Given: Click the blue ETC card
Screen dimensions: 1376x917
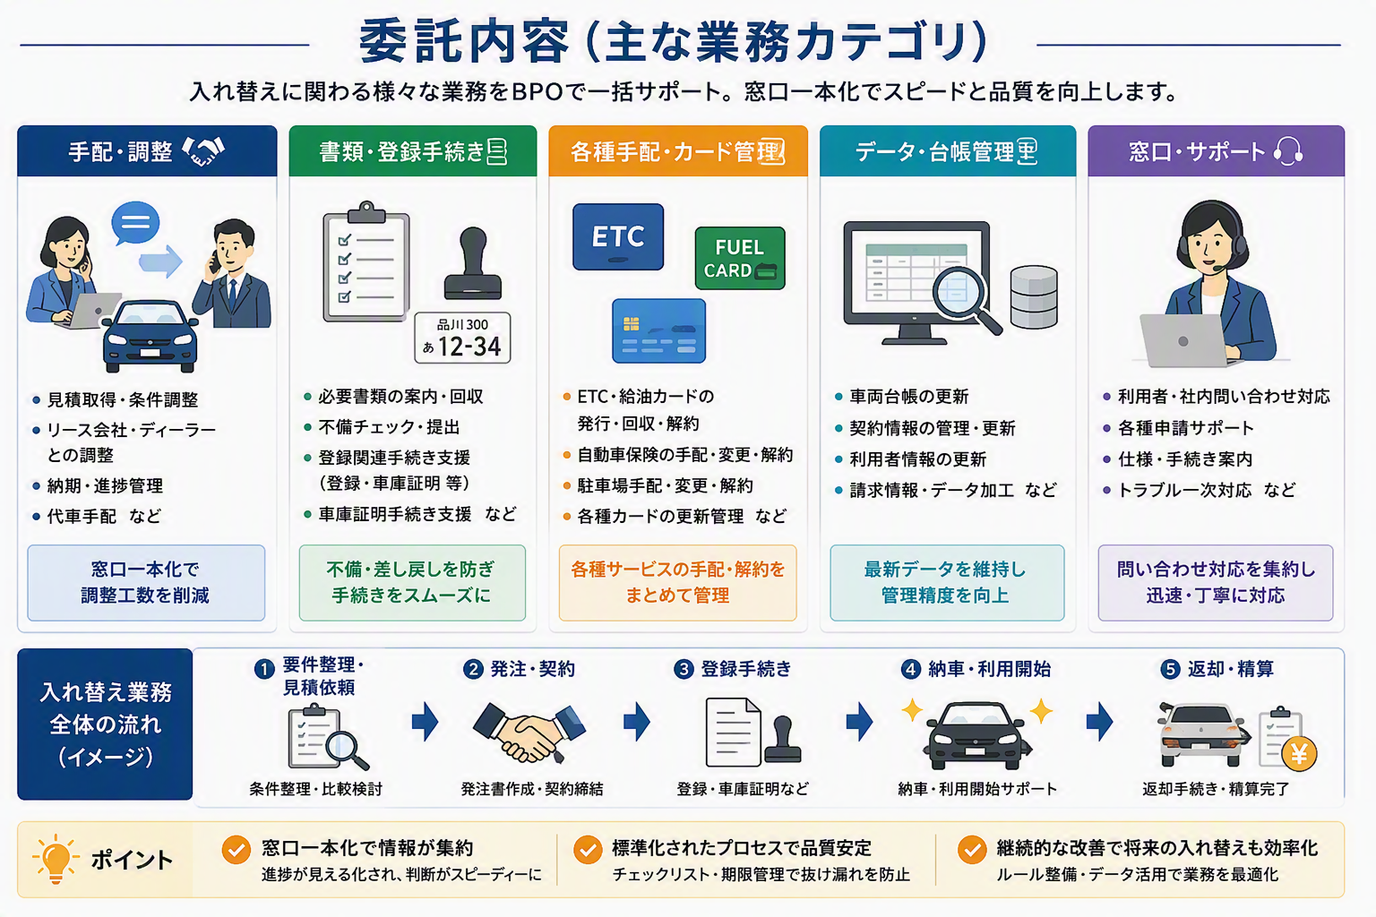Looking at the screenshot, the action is (x=618, y=237).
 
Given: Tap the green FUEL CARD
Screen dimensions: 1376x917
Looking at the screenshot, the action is (x=740, y=258).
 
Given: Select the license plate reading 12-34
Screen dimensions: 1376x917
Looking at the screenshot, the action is (x=462, y=338).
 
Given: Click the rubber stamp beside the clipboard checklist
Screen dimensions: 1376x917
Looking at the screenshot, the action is (x=473, y=263).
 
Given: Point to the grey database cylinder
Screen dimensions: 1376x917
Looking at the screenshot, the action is (x=1034, y=296).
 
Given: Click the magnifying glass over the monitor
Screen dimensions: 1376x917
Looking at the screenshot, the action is (x=966, y=299).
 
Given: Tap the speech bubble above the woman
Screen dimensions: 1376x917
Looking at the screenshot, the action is (x=135, y=223).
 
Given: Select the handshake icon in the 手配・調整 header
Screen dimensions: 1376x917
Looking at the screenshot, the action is (x=204, y=151).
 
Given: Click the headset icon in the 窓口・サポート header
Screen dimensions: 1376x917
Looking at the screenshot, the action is (x=1287, y=151).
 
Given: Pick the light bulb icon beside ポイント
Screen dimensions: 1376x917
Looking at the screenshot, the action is (x=56, y=859).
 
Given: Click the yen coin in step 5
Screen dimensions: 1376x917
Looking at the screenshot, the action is (x=1299, y=753).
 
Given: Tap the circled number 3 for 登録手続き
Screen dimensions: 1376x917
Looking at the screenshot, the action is (x=684, y=669).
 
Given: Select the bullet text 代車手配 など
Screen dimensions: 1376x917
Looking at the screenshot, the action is (x=104, y=516).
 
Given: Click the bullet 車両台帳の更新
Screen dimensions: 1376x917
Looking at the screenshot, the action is (x=908, y=397).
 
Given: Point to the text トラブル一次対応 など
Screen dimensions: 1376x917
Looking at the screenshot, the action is (x=1207, y=490).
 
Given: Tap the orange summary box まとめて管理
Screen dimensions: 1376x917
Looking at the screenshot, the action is (x=677, y=582).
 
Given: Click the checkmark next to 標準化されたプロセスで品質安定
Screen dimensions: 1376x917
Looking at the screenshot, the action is (x=588, y=850).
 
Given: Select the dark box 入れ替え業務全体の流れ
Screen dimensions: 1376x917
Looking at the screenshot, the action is (x=105, y=724).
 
